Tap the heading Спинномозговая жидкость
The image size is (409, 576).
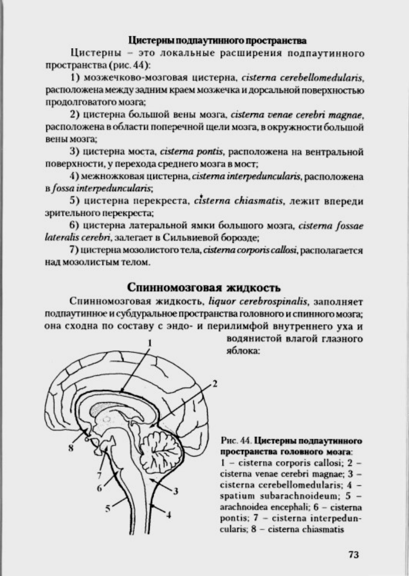[x=204, y=285]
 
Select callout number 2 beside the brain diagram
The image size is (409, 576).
[x=215, y=383]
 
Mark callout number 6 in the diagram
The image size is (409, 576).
[x=100, y=488]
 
